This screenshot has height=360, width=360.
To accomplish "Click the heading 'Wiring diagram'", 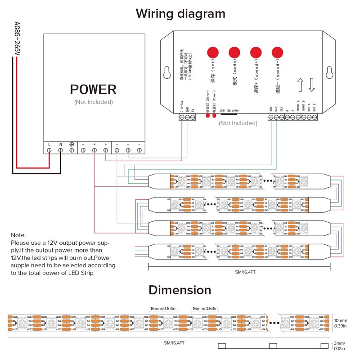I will [180, 14].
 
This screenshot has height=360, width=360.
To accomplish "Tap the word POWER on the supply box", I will [93, 90].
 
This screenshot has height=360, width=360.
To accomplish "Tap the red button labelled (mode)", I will [234, 52].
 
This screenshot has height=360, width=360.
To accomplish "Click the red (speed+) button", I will [256, 52].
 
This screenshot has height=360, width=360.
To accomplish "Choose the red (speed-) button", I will [277, 52].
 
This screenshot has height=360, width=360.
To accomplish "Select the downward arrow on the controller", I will [311, 84].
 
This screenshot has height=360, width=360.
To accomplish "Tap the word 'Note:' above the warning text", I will [18, 235].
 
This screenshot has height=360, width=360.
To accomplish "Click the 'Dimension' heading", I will [180, 290].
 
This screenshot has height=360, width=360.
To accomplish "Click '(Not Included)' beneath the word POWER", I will [93, 102].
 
